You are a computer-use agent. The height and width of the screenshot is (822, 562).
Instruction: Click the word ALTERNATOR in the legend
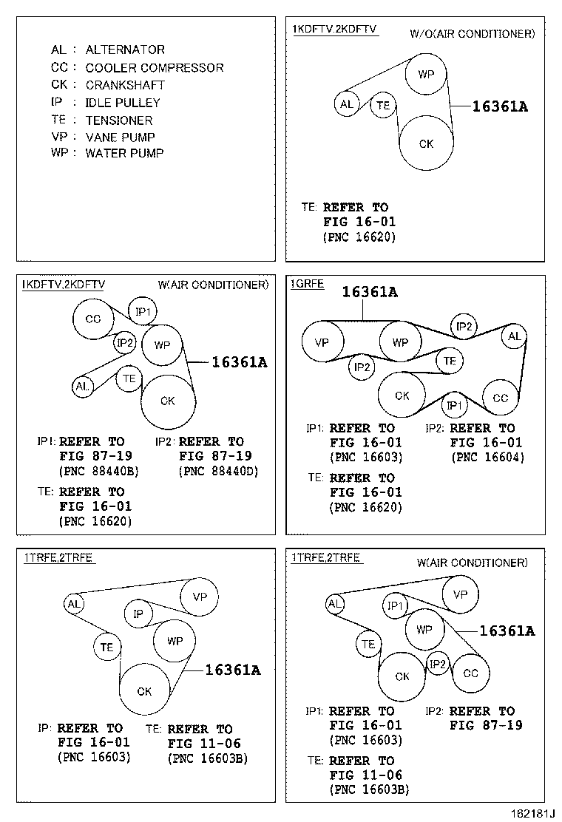(125, 50)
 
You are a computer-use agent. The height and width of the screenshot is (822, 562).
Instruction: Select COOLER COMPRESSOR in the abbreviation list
(154, 67)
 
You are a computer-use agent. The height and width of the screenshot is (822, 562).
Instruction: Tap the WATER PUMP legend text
(124, 153)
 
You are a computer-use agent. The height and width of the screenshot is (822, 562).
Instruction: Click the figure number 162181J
(532, 813)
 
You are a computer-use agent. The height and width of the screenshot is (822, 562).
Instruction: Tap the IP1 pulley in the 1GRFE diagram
(455, 405)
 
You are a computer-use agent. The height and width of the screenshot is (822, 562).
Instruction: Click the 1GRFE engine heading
(307, 284)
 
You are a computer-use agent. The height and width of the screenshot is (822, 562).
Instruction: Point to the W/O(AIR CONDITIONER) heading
(473, 34)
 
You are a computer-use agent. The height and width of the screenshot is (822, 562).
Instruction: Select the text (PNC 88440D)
(219, 472)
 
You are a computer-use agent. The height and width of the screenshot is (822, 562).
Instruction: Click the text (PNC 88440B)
(98, 472)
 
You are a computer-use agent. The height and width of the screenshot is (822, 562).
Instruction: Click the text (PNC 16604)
(488, 457)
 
